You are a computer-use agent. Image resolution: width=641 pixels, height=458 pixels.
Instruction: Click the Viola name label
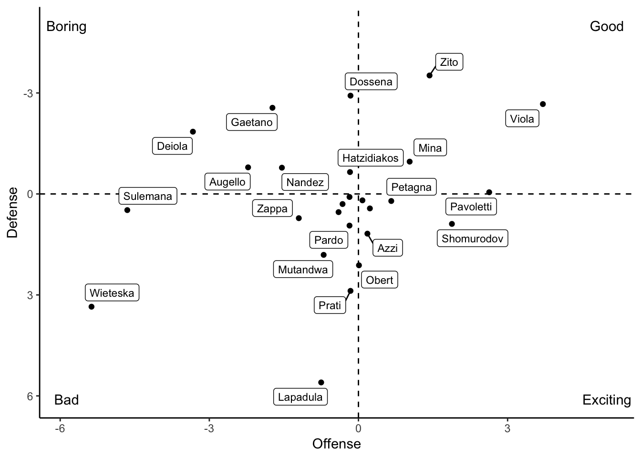pos(522,119)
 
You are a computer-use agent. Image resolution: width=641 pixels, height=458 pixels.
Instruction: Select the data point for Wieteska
pos(92,307)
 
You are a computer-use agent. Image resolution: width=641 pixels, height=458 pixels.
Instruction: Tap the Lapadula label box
pos(300,397)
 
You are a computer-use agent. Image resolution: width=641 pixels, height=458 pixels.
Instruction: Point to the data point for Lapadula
pos(321,383)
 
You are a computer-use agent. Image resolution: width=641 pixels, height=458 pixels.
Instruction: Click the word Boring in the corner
pos(66,26)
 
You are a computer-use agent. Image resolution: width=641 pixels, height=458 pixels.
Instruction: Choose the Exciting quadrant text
pos(606,400)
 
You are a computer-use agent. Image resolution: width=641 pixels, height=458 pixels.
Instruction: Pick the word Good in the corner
pos(606,26)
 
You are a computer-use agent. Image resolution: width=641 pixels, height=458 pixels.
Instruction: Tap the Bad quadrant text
pos(66,400)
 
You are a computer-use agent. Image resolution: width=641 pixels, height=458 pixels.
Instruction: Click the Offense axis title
pos(336,444)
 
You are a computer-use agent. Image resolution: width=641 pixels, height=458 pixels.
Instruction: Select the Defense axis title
pos(13,212)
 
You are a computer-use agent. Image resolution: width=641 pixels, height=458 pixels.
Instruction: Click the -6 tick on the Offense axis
pos(60,428)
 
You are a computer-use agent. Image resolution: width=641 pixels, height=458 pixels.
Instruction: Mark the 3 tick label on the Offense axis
pos(507,428)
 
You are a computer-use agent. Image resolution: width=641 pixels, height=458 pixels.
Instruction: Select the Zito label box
pos(449,62)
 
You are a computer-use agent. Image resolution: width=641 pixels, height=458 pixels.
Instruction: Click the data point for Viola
pos(543,104)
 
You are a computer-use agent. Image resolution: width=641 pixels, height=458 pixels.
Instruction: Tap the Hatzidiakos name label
pos(370,158)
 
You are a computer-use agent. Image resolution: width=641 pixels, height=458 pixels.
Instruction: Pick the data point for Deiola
pos(193,132)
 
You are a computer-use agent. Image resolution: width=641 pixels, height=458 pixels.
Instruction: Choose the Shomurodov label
pos(472,239)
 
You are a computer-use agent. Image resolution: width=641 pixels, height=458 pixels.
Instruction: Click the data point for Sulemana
pos(127,210)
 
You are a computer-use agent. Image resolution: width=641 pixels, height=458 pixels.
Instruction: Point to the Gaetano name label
pos(251,122)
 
